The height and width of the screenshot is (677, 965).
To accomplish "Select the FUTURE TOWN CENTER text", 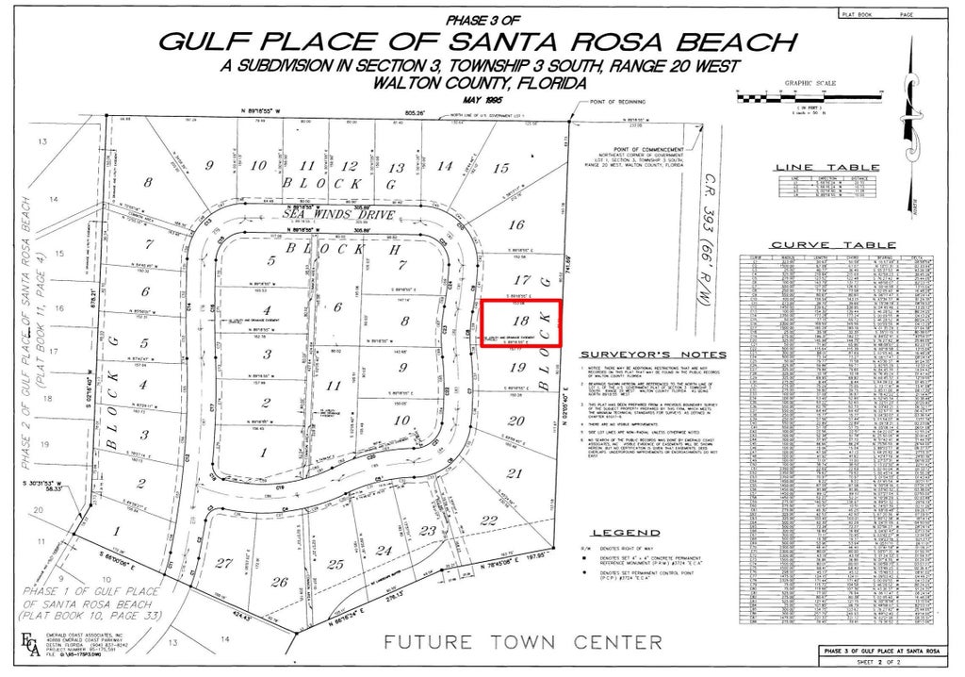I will coord(522,643).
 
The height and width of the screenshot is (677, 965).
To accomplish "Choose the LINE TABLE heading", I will coord(826,168).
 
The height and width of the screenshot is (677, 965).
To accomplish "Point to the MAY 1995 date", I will coord(479,99).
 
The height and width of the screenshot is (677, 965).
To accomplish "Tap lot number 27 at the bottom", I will coord(224,563).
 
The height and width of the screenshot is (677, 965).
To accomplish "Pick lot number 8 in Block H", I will coord(405,321).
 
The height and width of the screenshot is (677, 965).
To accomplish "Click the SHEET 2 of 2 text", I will coord(884,664).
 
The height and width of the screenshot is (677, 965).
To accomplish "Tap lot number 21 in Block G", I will coord(514,472).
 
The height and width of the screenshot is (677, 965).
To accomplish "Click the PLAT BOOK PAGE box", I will coord(891,14).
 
